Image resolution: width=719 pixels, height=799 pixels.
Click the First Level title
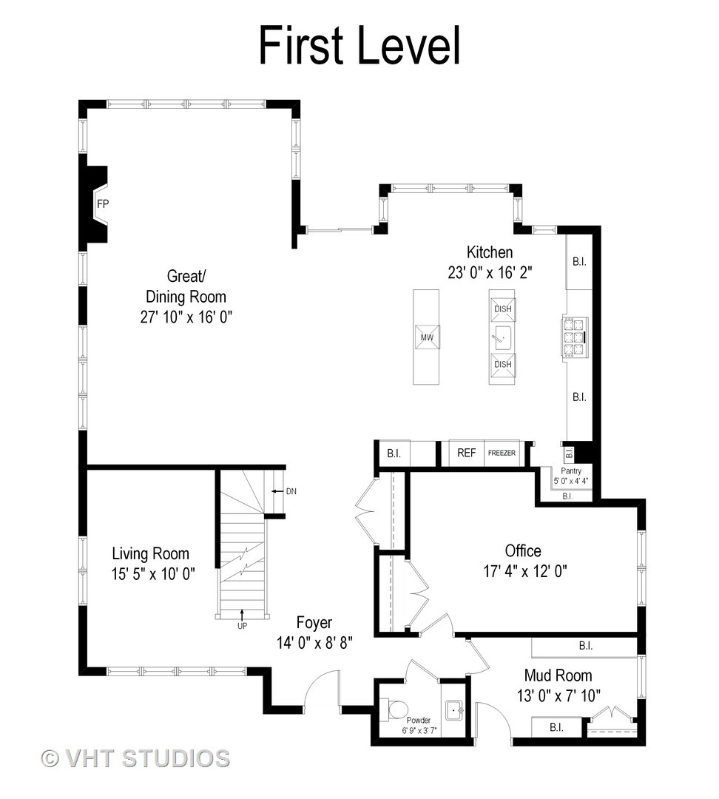point(359,46)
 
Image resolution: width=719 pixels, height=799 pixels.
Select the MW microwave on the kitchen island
point(426,337)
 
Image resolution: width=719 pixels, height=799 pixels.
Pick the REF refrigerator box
point(466,453)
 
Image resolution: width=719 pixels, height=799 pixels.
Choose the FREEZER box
point(502,453)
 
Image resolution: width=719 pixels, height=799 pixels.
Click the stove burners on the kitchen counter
point(572,337)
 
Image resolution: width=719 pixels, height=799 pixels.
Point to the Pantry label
point(570,471)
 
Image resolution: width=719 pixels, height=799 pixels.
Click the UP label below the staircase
point(242,625)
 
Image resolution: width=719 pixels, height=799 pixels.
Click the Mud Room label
point(558,675)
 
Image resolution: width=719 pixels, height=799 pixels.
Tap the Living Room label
point(150,553)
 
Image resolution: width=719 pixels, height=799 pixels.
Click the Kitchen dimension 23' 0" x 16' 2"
point(490,272)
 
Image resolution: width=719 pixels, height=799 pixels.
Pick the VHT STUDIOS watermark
point(135,758)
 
